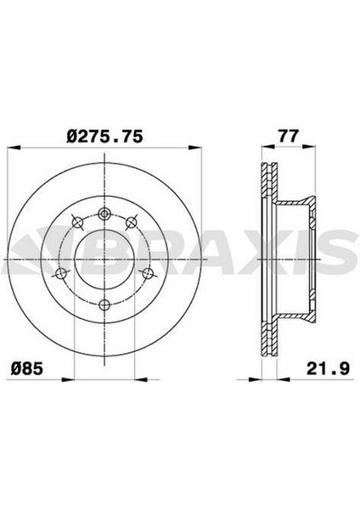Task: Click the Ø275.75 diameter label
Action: [x=104, y=137]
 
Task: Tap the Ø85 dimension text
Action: [x=27, y=369]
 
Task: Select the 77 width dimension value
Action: [x=288, y=137]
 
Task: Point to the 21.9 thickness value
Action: [x=328, y=369]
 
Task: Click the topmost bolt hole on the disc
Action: [x=104, y=214]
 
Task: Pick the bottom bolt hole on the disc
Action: [x=104, y=305]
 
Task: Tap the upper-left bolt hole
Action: [x=77, y=222]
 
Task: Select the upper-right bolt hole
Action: [x=132, y=222]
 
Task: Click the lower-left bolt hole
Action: [x=61, y=273]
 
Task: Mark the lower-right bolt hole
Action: [x=148, y=273]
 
